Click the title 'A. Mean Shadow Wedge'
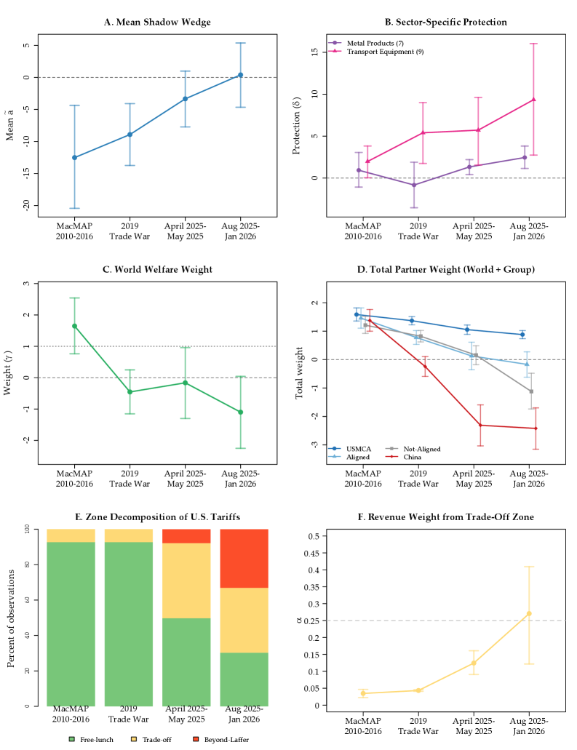(157, 22)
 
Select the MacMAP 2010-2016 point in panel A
(74, 157)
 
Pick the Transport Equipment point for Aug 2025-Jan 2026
(533, 100)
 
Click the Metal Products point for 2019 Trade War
(414, 185)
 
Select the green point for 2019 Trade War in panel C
(130, 392)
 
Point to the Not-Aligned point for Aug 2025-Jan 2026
(531, 391)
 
